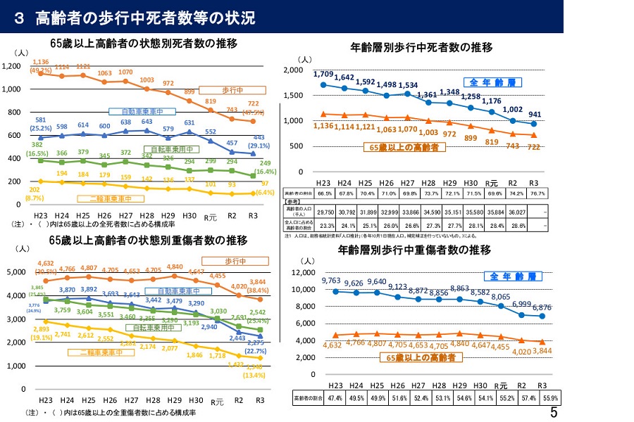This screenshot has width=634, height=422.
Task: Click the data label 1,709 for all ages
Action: click(x=323, y=74)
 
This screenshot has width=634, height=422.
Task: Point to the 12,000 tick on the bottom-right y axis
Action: click(x=306, y=272)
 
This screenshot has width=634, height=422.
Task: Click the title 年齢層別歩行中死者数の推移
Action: click(x=421, y=47)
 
